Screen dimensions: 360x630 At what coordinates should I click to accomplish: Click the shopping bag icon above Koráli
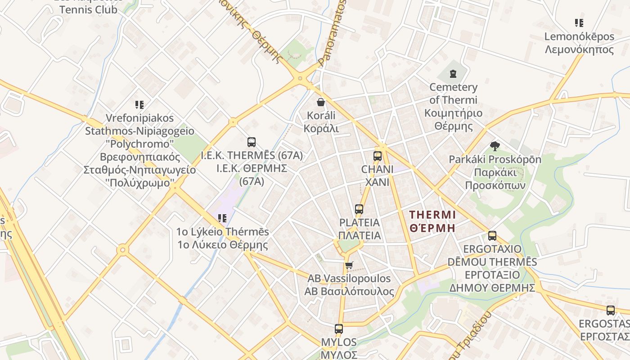321,102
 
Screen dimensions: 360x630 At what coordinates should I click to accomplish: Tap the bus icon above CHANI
378,156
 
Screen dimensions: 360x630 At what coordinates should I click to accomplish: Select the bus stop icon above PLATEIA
359,209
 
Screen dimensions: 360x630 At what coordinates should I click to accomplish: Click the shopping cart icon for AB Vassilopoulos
349,265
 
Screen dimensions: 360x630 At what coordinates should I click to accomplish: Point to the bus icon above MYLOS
339,329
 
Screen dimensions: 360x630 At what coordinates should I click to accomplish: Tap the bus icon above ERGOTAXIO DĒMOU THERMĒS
492,235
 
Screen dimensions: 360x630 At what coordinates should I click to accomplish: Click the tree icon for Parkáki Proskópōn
495,146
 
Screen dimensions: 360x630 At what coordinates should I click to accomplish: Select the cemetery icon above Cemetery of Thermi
453,73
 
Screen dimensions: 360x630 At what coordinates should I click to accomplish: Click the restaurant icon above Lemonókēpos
579,22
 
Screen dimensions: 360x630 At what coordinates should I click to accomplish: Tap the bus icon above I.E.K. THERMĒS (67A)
252,142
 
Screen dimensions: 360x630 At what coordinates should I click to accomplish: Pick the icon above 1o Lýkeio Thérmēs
222,218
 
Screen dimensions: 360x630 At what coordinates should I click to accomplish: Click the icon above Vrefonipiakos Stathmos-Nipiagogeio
139,105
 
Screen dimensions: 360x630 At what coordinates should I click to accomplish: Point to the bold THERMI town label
433,215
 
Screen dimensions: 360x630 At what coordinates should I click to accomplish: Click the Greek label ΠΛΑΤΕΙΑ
359,235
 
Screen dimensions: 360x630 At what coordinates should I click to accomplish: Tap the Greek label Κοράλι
321,129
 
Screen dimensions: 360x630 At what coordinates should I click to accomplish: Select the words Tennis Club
88,9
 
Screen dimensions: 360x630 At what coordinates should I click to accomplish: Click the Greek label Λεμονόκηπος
579,49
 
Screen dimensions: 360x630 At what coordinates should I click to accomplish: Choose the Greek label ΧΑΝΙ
377,182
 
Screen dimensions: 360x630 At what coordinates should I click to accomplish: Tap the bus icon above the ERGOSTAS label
611,310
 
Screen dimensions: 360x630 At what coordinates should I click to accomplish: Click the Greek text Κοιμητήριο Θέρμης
453,119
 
